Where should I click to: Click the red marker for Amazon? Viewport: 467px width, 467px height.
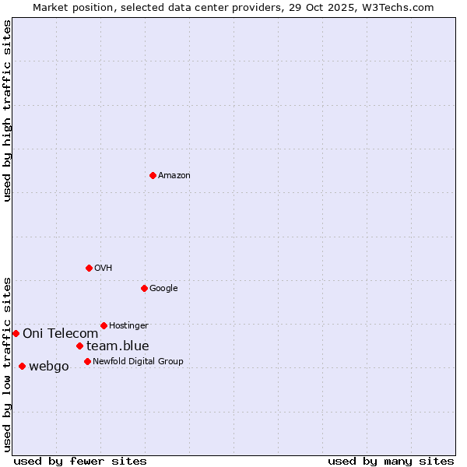(x=153, y=175)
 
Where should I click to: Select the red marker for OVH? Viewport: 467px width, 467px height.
(x=89, y=268)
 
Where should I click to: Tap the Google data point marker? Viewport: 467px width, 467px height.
(x=144, y=288)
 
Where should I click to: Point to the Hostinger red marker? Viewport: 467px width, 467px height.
(x=104, y=325)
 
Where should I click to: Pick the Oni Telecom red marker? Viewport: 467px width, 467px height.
(x=16, y=333)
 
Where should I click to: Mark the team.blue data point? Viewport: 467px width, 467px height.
(x=79, y=346)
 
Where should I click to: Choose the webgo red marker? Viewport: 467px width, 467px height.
(x=22, y=366)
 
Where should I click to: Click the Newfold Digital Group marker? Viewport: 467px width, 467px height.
(x=87, y=361)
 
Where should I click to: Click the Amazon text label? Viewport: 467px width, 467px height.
(x=174, y=176)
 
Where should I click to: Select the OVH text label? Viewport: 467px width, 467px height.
(x=104, y=269)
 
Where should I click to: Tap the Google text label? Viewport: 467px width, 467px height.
(x=163, y=289)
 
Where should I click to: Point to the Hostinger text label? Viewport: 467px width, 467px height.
(x=128, y=326)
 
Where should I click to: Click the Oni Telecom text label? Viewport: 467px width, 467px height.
(x=60, y=334)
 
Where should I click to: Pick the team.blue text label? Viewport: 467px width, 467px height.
(x=118, y=346)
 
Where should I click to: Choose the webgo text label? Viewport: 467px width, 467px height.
(x=49, y=367)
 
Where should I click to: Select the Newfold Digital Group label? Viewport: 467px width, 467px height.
(x=138, y=362)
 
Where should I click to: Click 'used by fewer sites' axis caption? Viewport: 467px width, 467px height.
(x=80, y=461)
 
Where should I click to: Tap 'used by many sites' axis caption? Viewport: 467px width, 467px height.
(x=391, y=461)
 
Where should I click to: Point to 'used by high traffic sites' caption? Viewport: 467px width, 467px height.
(x=8, y=111)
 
